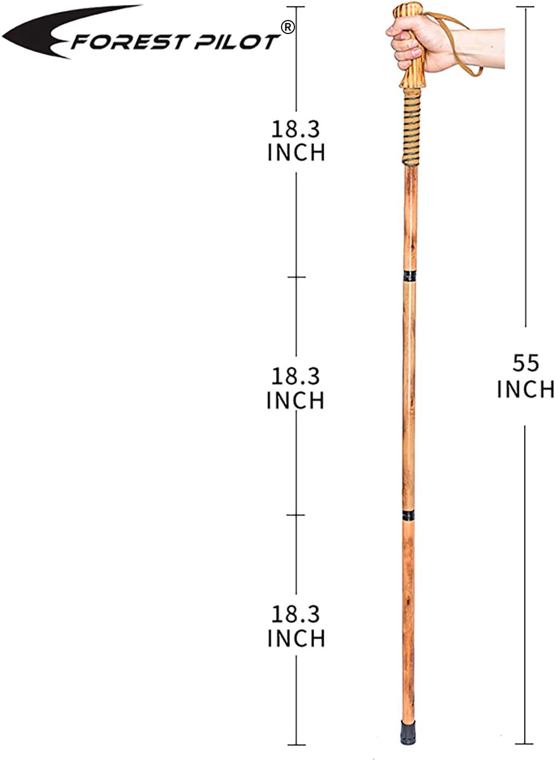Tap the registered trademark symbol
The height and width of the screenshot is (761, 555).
click(x=288, y=28)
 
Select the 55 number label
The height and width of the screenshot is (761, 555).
click(x=525, y=363)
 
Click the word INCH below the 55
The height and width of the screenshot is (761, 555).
click(x=525, y=389)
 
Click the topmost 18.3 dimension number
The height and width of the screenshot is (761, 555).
click(x=296, y=130)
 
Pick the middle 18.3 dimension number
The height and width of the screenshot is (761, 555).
click(x=296, y=376)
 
